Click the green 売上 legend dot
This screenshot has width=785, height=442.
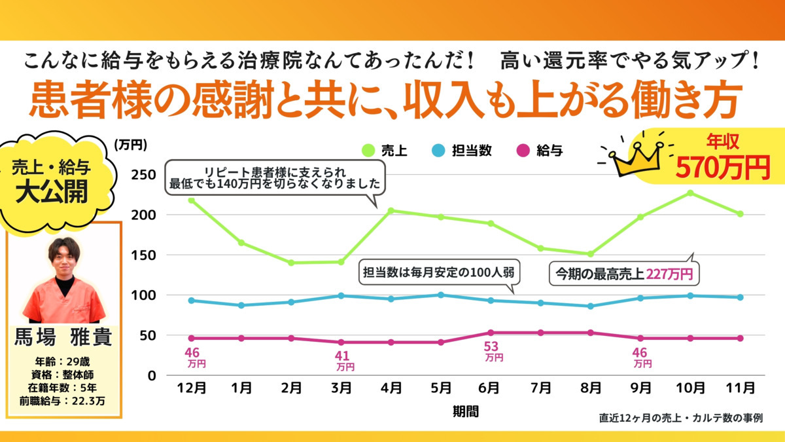point(368,150)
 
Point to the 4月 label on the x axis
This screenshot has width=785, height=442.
point(391,388)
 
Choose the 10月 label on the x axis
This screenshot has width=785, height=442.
point(690,388)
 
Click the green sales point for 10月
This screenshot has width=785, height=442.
point(690,193)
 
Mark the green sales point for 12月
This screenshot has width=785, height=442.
point(191,200)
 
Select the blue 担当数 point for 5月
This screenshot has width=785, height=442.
point(441,295)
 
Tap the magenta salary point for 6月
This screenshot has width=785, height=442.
point(491,333)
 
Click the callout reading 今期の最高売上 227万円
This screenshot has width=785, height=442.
point(623,273)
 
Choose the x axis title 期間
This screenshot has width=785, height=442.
point(465,411)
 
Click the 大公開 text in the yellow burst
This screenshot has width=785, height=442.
point(51,194)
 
